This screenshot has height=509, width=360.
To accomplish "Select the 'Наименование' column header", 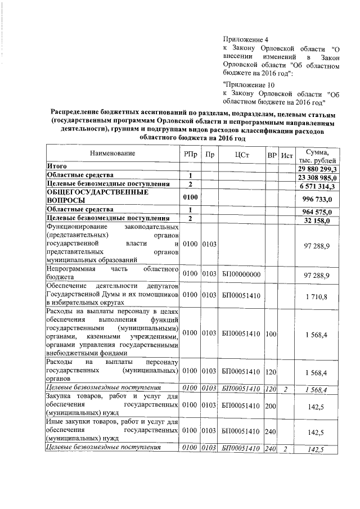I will (112, 154).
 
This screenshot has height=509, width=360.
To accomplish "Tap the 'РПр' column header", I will (190, 154).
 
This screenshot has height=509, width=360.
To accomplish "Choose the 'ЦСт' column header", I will (240, 154).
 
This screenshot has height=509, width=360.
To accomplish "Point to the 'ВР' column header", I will (272, 154).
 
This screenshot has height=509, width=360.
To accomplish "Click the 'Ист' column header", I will (287, 154).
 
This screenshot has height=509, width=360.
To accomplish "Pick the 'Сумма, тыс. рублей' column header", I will (317, 155).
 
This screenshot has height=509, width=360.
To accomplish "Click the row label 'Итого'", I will (57, 167).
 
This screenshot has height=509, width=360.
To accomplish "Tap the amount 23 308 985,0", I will (317, 177).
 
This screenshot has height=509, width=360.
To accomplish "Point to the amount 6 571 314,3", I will (317, 186).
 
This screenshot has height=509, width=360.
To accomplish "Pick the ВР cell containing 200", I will (272, 404).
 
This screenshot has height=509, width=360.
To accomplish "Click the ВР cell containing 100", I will (272, 334).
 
